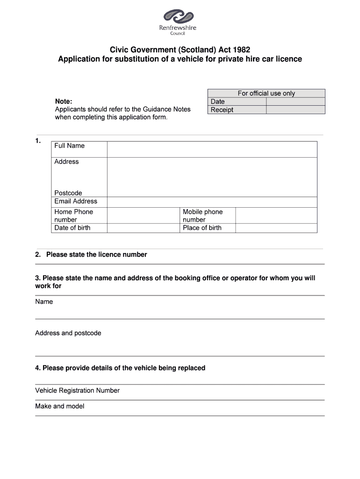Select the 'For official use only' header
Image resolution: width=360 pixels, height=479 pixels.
click(266, 93)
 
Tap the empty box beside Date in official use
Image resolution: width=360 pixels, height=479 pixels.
click(295, 102)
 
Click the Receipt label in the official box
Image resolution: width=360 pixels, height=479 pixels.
click(222, 110)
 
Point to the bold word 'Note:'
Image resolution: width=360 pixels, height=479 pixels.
click(64, 101)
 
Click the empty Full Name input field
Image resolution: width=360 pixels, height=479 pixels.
click(212, 149)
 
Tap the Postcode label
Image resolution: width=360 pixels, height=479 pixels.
click(68, 193)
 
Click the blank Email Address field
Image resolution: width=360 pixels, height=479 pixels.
click(212, 202)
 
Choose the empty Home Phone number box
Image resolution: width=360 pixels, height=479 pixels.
click(143, 215)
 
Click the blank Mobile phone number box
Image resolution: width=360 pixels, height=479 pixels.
click(276, 215)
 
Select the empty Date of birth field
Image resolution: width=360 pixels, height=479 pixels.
click(143, 228)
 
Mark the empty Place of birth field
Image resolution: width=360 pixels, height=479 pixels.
click(276, 228)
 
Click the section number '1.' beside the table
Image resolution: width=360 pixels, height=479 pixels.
click(38, 140)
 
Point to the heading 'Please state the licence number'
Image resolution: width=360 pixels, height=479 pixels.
click(96, 254)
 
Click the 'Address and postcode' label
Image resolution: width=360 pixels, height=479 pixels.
click(68, 333)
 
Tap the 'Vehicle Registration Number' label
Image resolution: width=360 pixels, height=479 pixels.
click(78, 390)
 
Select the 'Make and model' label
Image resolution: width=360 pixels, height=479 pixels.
click(60, 406)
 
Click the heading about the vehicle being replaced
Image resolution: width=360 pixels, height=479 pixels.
click(120, 368)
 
